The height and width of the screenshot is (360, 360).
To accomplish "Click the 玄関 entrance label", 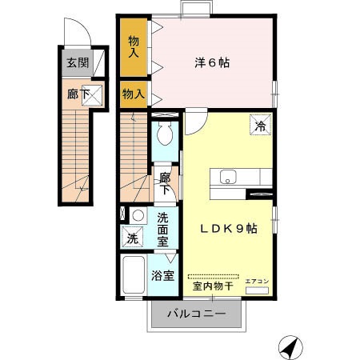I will point(78,63).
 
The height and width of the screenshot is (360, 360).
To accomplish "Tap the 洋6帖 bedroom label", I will point(212,62).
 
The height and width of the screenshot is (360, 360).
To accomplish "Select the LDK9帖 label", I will point(228,229).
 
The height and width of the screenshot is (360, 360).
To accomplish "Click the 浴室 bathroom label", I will point(163,277).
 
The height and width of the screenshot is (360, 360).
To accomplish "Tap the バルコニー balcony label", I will point(196,313).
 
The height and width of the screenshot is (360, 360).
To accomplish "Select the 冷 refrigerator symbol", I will point(260,124).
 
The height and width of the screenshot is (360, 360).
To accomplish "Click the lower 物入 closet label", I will point(133,94).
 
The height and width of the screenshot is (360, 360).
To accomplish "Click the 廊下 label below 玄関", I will point(78,94).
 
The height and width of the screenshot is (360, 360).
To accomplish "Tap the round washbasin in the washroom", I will point(138,215).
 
